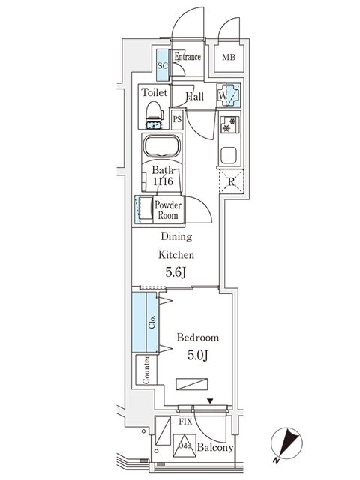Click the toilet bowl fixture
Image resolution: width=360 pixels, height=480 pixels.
[x=154, y=115]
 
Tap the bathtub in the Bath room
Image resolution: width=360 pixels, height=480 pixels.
[x=162, y=146]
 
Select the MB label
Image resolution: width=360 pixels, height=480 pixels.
[x=229, y=57]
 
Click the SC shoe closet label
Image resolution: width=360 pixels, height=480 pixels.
[x=163, y=65]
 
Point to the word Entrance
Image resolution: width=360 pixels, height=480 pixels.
[x=187, y=57]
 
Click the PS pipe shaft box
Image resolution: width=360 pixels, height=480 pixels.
[x=177, y=119]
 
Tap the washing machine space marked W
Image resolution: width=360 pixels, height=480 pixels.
[x=229, y=95]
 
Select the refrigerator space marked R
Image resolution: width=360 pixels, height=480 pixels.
[x=232, y=181]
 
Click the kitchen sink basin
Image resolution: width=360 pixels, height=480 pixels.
[x=229, y=155]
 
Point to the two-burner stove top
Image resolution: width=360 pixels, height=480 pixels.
[x=229, y=124]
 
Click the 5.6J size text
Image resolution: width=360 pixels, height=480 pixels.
[x=175, y=272]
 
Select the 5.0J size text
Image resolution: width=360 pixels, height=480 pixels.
[x=198, y=355]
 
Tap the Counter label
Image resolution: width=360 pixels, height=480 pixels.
[x=146, y=370]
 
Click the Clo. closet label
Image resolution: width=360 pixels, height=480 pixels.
[x=152, y=322]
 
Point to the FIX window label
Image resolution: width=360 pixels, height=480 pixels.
[x=185, y=421]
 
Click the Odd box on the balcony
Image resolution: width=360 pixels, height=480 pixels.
[x=184, y=445]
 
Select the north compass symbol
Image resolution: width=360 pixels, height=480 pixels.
[x=286, y=443]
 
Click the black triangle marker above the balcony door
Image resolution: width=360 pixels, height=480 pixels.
[x=210, y=400]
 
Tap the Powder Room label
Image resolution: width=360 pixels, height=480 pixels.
[x=168, y=210]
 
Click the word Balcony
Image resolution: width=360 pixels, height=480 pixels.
[x=215, y=448]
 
